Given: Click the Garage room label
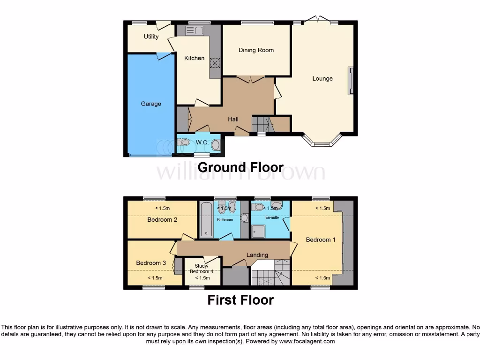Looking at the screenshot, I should [151, 104].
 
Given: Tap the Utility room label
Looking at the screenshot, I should [151, 37].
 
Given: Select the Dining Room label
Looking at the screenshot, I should [256, 50].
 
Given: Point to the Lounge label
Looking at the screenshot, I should [322, 78].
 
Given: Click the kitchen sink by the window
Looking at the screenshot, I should [194, 31].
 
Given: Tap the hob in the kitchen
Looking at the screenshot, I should [216, 63].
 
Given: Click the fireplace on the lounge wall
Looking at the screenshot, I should [350, 81].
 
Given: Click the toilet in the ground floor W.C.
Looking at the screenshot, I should [184, 142].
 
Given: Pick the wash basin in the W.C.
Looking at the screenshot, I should [216, 145].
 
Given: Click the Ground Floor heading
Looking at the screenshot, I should [240, 167].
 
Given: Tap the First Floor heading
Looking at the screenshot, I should [240, 300].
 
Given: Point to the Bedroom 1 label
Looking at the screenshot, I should [321, 240].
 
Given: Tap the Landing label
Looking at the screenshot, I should [257, 255].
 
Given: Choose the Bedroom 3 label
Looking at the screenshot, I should [151, 263].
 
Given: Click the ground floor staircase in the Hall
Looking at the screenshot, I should [262, 124].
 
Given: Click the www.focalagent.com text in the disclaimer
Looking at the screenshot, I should [307, 341].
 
